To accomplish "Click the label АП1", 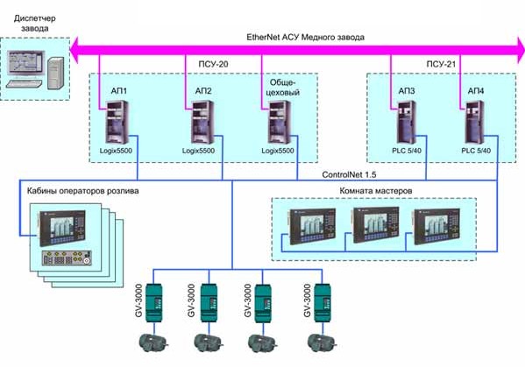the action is point(119,91).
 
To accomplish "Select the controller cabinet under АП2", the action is point(202,123).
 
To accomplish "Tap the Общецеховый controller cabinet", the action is point(280,123).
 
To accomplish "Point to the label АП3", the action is point(407,91).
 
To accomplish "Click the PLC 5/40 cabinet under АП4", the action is point(475,123).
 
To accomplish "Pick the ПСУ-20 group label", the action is point(213,64).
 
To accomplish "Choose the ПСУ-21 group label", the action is point(441,64).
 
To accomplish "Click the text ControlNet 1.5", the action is point(349,174).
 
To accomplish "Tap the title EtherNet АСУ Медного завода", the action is point(305,37).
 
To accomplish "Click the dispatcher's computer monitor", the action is point(26,63).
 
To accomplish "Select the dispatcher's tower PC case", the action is point(55,73).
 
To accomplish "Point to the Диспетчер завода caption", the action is point(35,23).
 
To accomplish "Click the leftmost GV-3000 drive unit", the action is point(153,303).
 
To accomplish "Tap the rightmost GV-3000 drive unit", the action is point(322,303).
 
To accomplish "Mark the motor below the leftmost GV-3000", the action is point(153,342).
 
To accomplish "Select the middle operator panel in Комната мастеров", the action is point(376,224).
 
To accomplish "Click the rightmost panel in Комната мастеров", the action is point(437,226).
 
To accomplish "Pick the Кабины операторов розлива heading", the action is point(82,191).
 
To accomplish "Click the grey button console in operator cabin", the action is point(67,258).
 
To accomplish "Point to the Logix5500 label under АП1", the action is point(116,151).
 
